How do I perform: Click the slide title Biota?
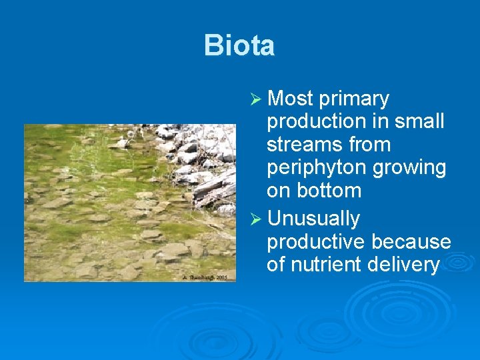(x=239, y=45)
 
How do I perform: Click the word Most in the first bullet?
(x=290, y=99)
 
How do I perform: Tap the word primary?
(x=354, y=99)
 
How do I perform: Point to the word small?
(x=418, y=122)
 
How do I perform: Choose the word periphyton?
(x=317, y=168)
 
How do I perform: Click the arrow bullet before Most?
(x=253, y=99)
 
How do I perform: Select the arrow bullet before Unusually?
(x=253, y=219)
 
